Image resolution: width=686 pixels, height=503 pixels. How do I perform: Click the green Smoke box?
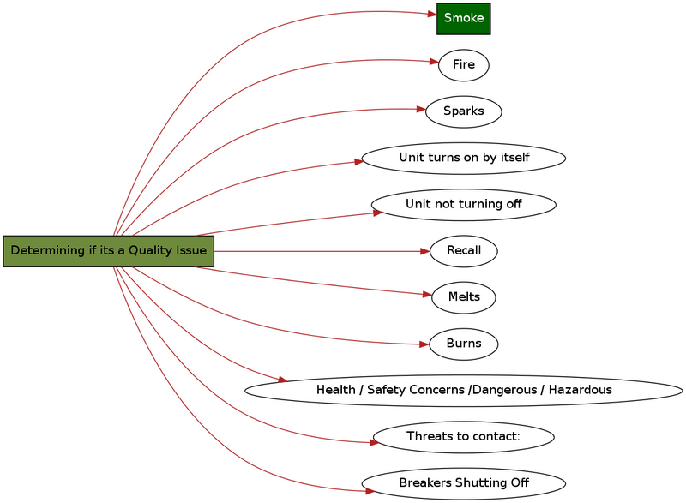463,18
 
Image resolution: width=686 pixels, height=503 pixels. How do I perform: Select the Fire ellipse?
463,65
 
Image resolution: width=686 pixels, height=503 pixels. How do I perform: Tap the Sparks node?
463,111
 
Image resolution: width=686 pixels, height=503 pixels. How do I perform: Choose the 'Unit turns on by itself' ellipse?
463,158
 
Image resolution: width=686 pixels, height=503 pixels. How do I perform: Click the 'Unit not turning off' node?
463,204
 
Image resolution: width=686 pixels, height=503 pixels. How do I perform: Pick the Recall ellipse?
463,251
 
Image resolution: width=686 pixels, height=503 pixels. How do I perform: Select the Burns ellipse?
463,344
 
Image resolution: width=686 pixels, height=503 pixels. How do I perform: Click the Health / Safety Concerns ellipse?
463,390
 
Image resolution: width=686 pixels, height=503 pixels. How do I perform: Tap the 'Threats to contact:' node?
463,436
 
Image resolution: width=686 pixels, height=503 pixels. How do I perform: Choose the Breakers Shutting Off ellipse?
463,482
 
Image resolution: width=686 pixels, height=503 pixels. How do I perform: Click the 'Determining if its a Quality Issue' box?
108,251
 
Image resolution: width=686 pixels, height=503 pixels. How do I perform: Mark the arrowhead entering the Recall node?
424,251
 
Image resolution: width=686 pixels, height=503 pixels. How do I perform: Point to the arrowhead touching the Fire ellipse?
434,62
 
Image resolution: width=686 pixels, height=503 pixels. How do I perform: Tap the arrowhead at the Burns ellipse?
424,344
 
